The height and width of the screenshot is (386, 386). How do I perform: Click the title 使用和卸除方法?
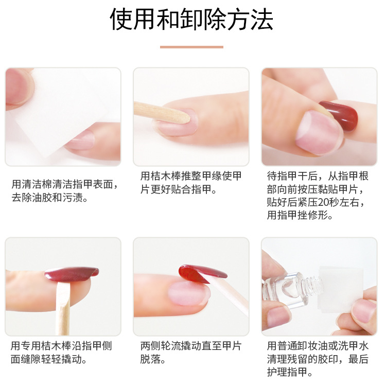[x=191, y=19]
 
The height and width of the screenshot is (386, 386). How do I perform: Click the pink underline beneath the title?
[x=191, y=47]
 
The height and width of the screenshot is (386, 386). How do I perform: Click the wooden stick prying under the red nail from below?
[x=63, y=308]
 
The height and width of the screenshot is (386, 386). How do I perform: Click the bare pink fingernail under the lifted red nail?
[x=188, y=294]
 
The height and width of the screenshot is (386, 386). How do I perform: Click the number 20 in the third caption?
[x=323, y=202]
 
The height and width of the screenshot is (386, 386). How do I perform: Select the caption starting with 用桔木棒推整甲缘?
[x=191, y=182]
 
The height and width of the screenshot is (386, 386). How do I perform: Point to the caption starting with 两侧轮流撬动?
[x=191, y=352]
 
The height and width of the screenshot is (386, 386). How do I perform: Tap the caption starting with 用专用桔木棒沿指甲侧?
[x=61, y=352]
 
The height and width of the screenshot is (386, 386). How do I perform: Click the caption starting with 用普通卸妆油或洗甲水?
[x=318, y=359]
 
